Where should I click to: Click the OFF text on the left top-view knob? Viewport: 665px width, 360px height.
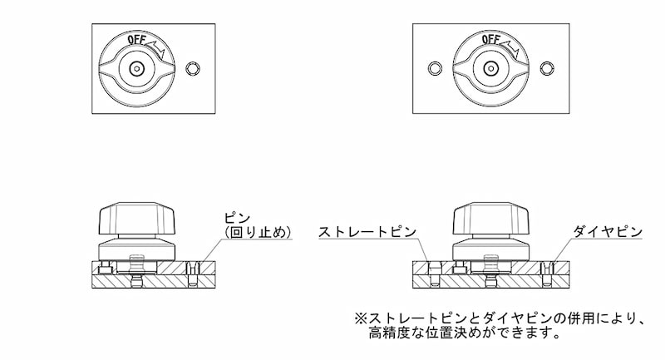136,40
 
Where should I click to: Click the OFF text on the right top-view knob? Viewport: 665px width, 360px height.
490,40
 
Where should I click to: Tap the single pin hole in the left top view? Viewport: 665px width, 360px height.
195,67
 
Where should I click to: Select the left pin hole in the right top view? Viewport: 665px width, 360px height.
432,67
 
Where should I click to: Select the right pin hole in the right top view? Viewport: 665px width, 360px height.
548,67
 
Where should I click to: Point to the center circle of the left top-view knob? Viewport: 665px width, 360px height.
135,68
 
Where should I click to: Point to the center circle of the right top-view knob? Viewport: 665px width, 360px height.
490,68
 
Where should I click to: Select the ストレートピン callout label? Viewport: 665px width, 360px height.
367,232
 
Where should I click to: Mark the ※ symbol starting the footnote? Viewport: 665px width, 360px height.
360,318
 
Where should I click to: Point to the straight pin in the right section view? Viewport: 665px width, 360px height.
432,269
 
